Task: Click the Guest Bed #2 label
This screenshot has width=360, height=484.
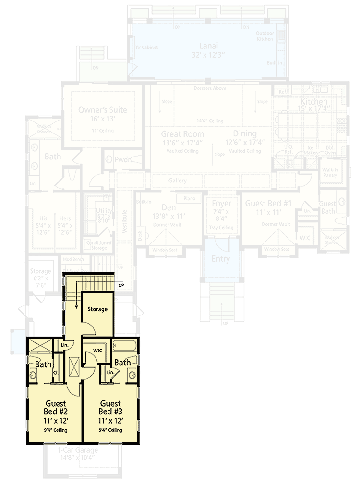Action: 56,408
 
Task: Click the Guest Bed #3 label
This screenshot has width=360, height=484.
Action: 110,408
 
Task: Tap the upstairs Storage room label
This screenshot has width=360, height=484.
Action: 97,309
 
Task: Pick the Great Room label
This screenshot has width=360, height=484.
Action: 182,134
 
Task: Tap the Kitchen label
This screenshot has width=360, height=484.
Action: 314,102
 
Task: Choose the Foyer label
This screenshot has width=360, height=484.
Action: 221,204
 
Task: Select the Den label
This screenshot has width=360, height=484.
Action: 168,207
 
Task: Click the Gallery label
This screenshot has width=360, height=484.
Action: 177,181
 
